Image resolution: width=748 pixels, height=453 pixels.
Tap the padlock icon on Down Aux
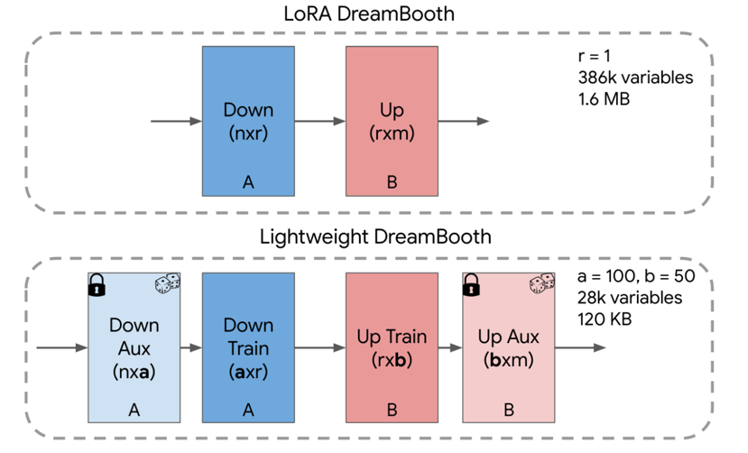coord(97,286)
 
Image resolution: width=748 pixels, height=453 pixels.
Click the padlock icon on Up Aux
coord(470,286)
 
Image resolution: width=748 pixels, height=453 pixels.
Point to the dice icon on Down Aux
coord(167,284)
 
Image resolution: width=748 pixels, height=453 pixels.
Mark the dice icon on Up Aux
coord(541,284)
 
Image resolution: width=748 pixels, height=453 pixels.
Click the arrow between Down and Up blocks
coord(319,121)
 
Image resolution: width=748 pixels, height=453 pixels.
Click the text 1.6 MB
coord(604,97)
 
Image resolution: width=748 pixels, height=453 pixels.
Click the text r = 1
coord(596,57)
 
